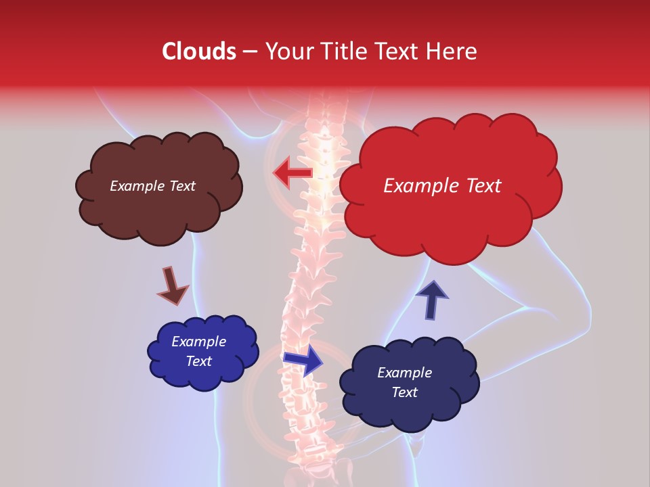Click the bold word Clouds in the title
pos(198,51)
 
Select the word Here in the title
pos(452,51)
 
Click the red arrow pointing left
pos(292,173)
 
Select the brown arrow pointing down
pos(172,285)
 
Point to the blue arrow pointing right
pos(303,360)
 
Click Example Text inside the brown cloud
pos(152,186)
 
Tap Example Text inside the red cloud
pos(442,186)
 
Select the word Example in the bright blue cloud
pos(198,342)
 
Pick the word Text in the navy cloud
pos(405,392)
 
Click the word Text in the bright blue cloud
pos(199,361)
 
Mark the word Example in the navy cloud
pos(404,373)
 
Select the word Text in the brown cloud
pos(181,186)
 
